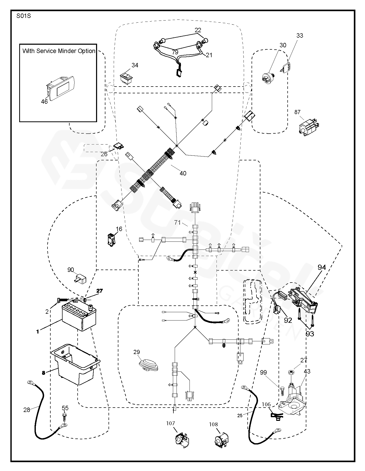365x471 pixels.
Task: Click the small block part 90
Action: (80, 280)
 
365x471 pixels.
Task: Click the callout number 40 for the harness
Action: (183, 173)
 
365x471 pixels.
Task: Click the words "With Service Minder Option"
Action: (59, 51)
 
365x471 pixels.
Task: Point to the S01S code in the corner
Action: (24, 16)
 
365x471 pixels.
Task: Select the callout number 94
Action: (321, 267)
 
